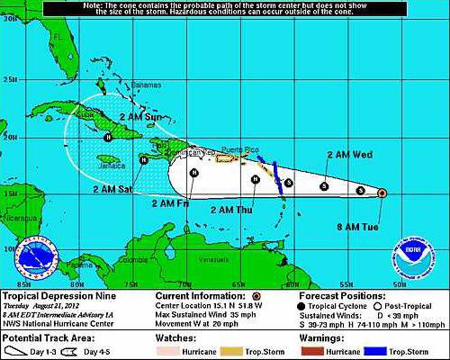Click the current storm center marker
click(x=382, y=193)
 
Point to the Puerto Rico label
click(x=238, y=150)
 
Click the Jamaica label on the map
click(x=109, y=166)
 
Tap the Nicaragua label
click(x=18, y=218)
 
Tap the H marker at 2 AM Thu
click(x=256, y=178)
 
